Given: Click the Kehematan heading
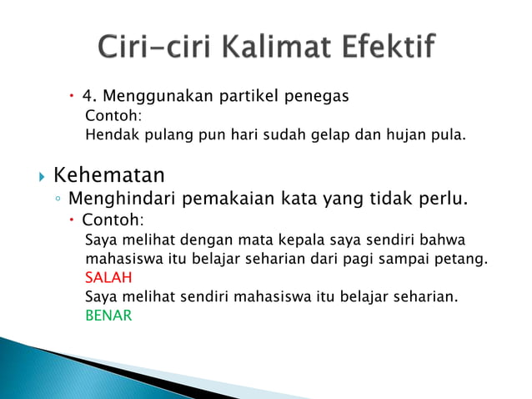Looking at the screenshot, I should [x=108, y=175].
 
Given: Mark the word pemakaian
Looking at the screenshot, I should [x=225, y=199].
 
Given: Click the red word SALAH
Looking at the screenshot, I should [x=108, y=277].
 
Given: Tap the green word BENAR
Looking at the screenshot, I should [x=108, y=316].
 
